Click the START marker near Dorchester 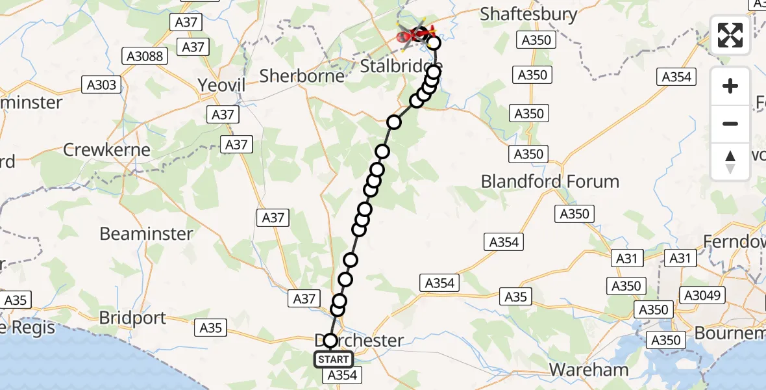[x=334, y=359]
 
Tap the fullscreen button [x=730, y=35]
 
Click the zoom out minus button [x=730, y=123]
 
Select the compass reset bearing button [x=730, y=162]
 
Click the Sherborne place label [x=302, y=76]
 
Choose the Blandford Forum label [x=550, y=181]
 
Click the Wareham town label [x=589, y=370]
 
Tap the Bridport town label [x=133, y=318]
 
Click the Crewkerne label [x=106, y=149]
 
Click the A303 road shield [x=103, y=84]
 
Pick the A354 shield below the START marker [x=343, y=375]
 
